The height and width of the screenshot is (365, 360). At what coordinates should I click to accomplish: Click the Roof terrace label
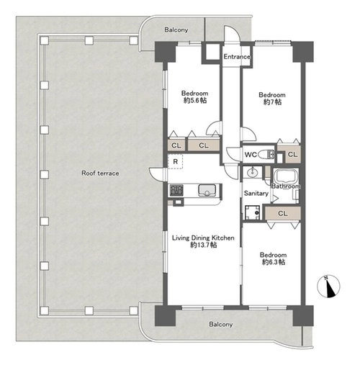tap(100, 173)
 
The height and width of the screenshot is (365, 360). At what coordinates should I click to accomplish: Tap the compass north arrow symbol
tap(328, 286)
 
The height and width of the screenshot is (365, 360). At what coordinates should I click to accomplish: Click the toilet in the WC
tap(266, 154)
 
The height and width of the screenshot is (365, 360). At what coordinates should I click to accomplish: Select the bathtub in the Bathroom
tap(286, 176)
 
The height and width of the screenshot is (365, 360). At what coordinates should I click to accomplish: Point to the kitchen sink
tap(207, 190)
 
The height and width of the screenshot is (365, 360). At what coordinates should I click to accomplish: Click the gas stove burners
tap(176, 190)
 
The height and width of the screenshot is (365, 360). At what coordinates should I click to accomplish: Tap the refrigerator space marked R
tap(175, 161)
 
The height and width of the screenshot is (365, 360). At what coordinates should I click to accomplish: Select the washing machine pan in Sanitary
tap(252, 212)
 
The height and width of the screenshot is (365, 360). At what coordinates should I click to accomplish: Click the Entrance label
tap(237, 57)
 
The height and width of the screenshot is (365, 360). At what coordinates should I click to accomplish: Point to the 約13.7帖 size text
tap(204, 245)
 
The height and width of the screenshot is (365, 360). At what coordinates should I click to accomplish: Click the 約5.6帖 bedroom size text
tap(194, 100)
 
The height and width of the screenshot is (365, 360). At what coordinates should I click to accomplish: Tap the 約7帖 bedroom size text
tap(272, 102)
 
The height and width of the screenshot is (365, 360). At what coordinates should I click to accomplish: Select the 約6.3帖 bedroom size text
tap(274, 262)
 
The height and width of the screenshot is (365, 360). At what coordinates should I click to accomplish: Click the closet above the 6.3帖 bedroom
tap(283, 213)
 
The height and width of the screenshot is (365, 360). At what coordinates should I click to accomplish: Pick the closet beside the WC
tap(292, 154)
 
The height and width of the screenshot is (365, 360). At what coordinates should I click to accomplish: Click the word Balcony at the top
tap(176, 30)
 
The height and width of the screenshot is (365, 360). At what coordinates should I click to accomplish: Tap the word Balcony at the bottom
tap(221, 325)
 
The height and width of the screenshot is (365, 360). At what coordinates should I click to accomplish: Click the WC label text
tap(251, 155)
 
